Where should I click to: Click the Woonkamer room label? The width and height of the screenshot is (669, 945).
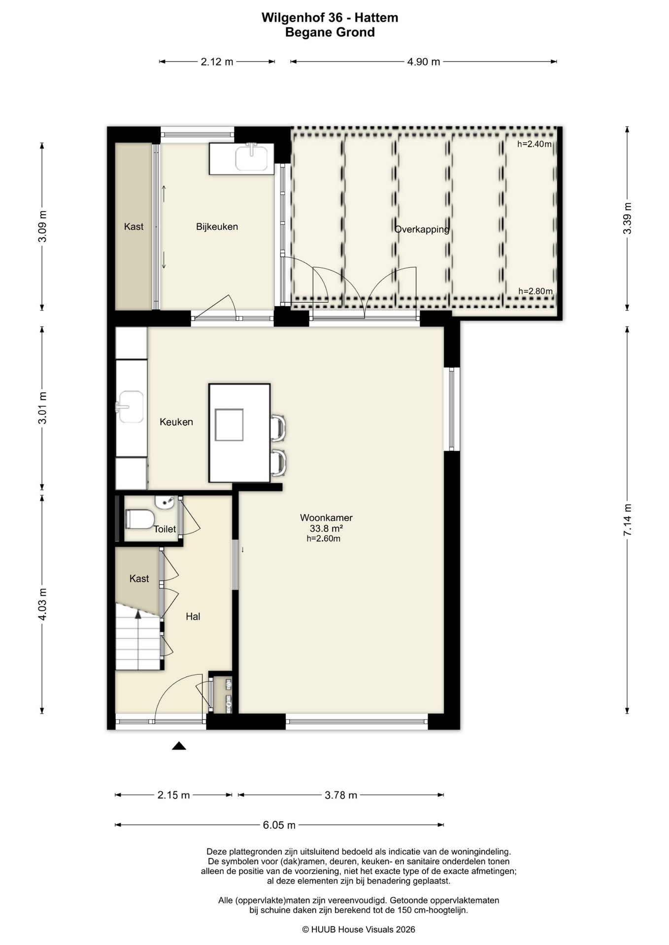point(326,517)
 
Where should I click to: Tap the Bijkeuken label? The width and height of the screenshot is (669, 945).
point(217,226)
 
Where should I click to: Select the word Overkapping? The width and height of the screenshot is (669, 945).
point(422,229)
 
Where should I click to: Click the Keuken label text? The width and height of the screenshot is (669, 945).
point(176,422)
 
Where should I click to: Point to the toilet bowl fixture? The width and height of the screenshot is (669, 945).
point(140,519)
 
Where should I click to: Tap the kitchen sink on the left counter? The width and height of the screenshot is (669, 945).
point(130,407)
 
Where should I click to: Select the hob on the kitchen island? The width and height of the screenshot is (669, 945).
point(229,424)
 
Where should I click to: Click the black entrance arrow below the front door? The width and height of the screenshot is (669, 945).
point(179,746)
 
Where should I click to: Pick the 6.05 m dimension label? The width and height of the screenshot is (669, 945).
point(279,825)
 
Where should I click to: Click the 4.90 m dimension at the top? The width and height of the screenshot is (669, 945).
point(424,62)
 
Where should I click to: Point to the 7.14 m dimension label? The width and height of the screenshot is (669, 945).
point(627,520)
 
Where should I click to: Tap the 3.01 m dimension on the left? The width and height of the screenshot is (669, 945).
point(43,408)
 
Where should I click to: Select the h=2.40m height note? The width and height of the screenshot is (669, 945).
point(535,144)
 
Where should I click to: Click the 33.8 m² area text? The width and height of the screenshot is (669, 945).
point(326,528)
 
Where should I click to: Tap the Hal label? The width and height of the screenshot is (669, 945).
point(193,616)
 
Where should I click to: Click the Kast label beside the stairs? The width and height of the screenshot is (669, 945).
point(139,578)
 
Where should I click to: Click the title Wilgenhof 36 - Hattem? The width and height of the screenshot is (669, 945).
point(330,18)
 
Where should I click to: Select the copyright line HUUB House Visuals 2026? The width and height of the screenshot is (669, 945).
point(359,929)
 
